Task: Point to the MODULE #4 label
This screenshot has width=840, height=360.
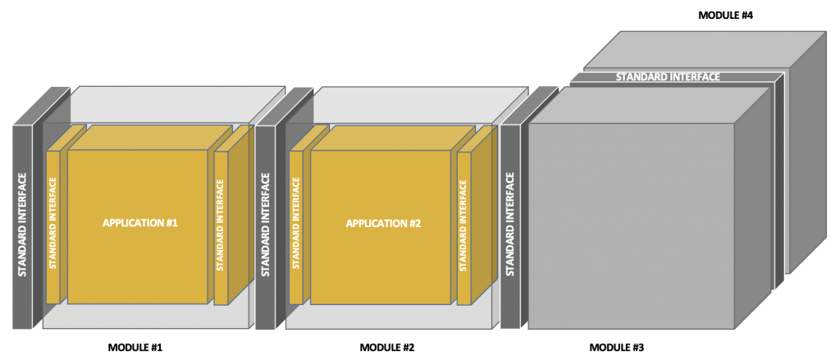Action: [x=724, y=15]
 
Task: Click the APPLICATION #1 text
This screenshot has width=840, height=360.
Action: [x=140, y=223]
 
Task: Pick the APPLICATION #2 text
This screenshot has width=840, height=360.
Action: [x=383, y=223]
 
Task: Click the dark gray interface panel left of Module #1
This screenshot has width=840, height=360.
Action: [x=22, y=226]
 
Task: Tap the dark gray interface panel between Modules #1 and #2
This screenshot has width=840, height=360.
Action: [x=265, y=226]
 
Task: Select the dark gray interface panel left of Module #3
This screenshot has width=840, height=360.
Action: [x=509, y=226]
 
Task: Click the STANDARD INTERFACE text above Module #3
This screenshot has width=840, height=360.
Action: [x=668, y=77]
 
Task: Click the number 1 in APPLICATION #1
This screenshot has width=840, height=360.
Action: [x=175, y=223]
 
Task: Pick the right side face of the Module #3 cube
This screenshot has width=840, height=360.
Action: [x=752, y=205]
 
